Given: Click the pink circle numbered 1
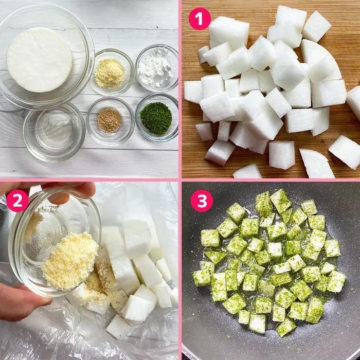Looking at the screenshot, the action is click(200, 19).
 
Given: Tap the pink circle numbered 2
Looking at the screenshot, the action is click(17, 201).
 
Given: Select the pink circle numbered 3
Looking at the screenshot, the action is click(202, 201).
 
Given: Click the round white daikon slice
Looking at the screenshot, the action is click(40, 60).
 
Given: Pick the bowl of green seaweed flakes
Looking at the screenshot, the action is click(157, 117).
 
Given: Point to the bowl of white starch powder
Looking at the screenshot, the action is click(157, 68).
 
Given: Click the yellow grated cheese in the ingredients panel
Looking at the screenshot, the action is click(110, 74).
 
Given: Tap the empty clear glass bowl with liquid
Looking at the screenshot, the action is click(54, 132).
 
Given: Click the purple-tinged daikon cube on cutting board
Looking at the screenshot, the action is click(220, 153).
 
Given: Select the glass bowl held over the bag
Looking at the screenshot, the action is click(55, 241).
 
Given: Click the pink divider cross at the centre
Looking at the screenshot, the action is click(180, 180).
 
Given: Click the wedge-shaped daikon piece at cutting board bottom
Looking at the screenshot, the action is click(316, 163).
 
